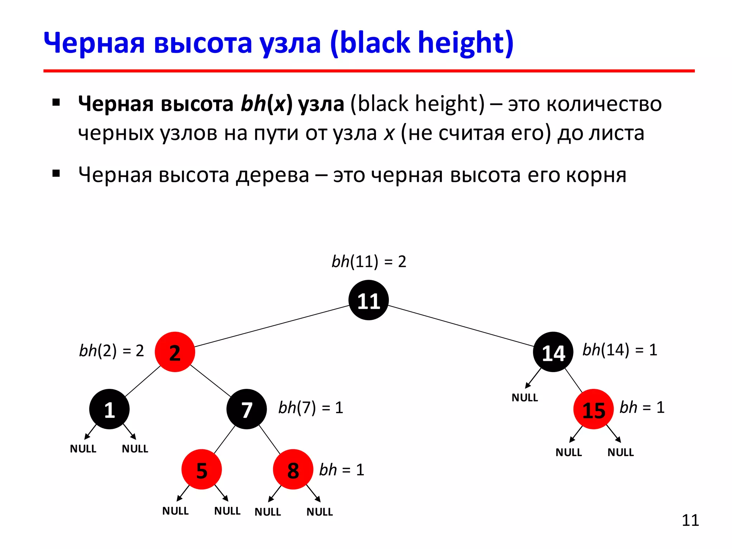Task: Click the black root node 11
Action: coord(369,300)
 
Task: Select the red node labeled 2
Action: coord(175,352)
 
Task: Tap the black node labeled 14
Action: coord(553,352)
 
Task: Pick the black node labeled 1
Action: coord(109,409)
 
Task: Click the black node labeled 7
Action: coord(247,409)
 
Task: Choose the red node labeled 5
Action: coord(202,470)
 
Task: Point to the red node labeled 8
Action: coord(293,470)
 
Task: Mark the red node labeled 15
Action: coord(593,409)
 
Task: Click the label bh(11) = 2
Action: coord(369,262)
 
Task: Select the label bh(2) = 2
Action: coord(112,351)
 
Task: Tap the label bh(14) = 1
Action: coord(620,350)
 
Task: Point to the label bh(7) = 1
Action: coord(311,408)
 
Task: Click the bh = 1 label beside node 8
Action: coord(342,470)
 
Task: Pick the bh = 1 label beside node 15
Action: coord(642,407)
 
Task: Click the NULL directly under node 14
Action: coord(525,397)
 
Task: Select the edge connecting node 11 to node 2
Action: coord(272,326)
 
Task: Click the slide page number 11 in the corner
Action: coord(690,520)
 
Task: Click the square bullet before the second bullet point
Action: coord(56,174)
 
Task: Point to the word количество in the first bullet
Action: coord(604,104)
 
